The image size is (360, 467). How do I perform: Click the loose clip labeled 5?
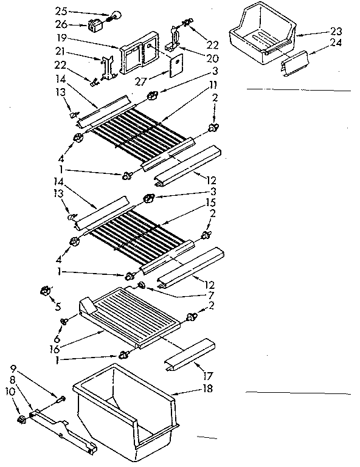44,291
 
